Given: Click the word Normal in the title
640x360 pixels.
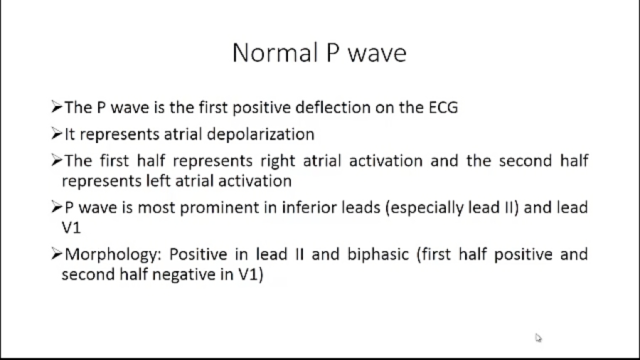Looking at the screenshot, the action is point(275,53).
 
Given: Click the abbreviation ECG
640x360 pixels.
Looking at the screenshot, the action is point(443,107).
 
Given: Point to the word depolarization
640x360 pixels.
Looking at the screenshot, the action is point(260,134).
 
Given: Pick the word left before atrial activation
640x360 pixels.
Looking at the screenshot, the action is point(158,181).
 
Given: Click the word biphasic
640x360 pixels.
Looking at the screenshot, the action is point(378,254).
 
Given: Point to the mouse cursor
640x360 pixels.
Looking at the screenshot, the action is point(538,337).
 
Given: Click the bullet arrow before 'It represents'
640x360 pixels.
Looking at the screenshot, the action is point(57,134).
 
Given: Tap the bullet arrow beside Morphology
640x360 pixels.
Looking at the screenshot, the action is point(57,254).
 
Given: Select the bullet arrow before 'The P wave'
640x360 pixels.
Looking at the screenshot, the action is point(57,107).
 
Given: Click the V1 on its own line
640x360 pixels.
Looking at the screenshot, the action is point(71,228).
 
